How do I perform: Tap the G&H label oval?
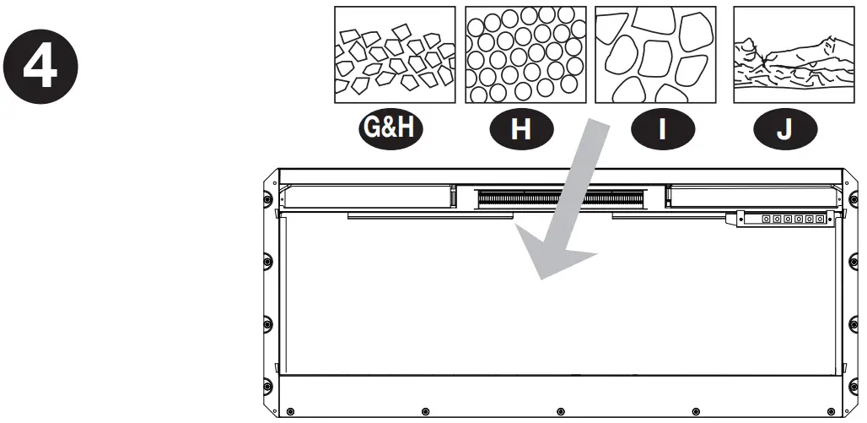pos(390,132)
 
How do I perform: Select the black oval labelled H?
pos(520,132)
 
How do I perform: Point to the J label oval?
pos(784,132)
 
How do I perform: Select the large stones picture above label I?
pos(652,56)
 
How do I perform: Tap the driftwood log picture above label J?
pos(785,56)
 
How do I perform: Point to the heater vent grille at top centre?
pos(559,199)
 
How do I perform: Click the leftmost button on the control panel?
pos(766,219)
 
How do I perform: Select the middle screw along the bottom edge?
pos(559,411)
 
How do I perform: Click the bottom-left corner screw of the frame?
pos(290,412)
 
